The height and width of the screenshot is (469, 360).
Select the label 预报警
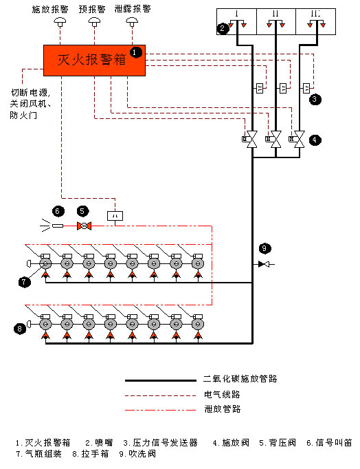(x=93, y=10)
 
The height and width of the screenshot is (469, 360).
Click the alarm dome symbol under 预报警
(x=93, y=23)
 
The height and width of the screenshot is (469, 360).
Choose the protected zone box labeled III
(x=315, y=21)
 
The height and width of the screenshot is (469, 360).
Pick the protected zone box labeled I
(x=236, y=21)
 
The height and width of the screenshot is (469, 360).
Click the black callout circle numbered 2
(x=223, y=28)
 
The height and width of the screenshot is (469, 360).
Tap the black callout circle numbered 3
(x=314, y=99)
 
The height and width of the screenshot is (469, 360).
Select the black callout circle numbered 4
(x=314, y=139)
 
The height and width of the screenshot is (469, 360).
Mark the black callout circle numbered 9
(x=265, y=248)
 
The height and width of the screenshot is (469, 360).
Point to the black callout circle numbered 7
(x=25, y=281)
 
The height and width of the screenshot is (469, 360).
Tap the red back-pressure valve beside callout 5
(x=83, y=226)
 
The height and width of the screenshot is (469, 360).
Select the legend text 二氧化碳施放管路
(x=240, y=379)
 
